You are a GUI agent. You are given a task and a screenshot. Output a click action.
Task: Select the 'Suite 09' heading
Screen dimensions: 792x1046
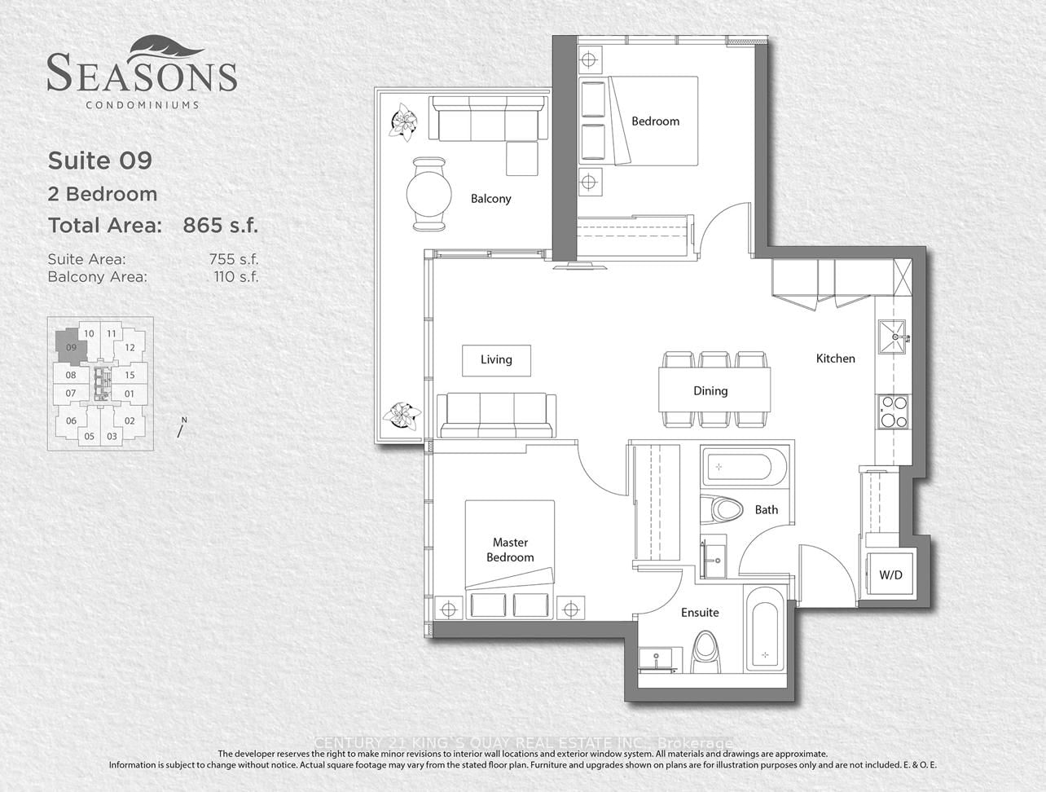[x=99, y=161]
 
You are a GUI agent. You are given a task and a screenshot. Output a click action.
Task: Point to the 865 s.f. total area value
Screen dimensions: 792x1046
[x=220, y=226]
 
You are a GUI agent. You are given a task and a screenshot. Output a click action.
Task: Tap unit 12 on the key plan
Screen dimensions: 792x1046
[x=130, y=348]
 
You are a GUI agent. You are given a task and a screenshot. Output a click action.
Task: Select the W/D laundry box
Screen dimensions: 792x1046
[x=890, y=575]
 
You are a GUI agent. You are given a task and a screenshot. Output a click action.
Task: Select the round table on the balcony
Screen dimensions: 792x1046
[x=429, y=194]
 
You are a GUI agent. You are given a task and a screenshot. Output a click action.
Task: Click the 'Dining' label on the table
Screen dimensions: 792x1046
[x=710, y=391]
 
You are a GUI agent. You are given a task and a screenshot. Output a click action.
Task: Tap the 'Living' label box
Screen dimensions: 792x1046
[x=496, y=359]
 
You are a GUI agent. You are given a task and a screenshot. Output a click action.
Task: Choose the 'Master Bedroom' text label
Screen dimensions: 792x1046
[x=510, y=550]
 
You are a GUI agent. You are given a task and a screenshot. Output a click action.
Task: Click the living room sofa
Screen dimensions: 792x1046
[x=496, y=416]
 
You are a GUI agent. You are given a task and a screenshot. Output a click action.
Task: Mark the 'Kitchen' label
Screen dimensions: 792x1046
[x=836, y=359]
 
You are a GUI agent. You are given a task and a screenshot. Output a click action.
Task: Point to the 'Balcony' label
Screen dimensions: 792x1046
[x=490, y=199]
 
